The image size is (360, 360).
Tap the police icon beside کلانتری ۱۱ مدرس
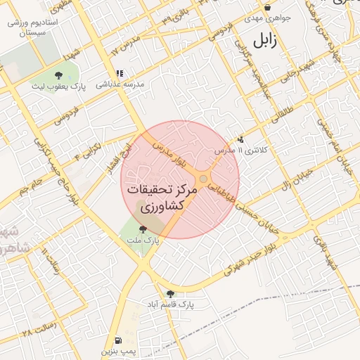tap(241, 139)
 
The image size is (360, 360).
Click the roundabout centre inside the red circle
tap(203, 180)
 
